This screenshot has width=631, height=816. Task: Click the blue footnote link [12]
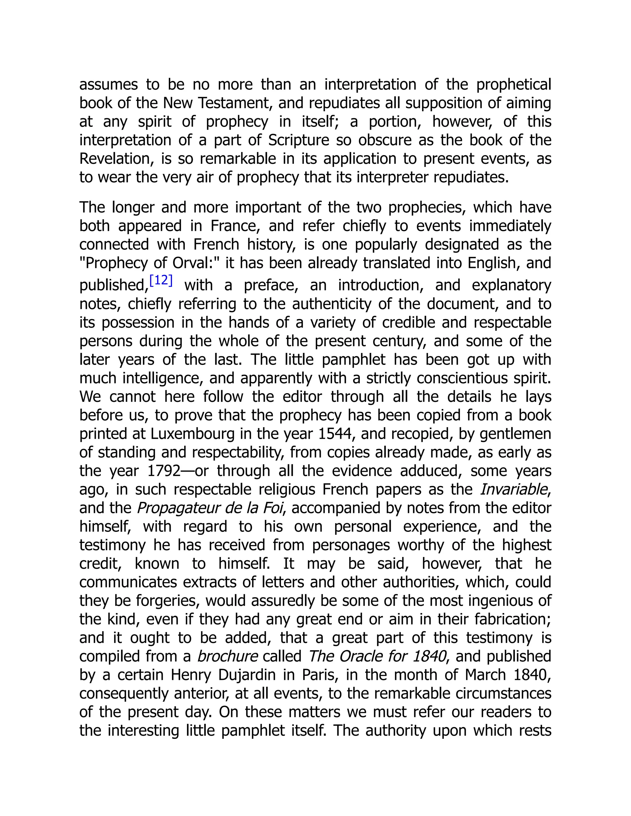(x=161, y=280)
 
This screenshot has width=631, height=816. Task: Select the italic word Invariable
(x=514, y=490)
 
